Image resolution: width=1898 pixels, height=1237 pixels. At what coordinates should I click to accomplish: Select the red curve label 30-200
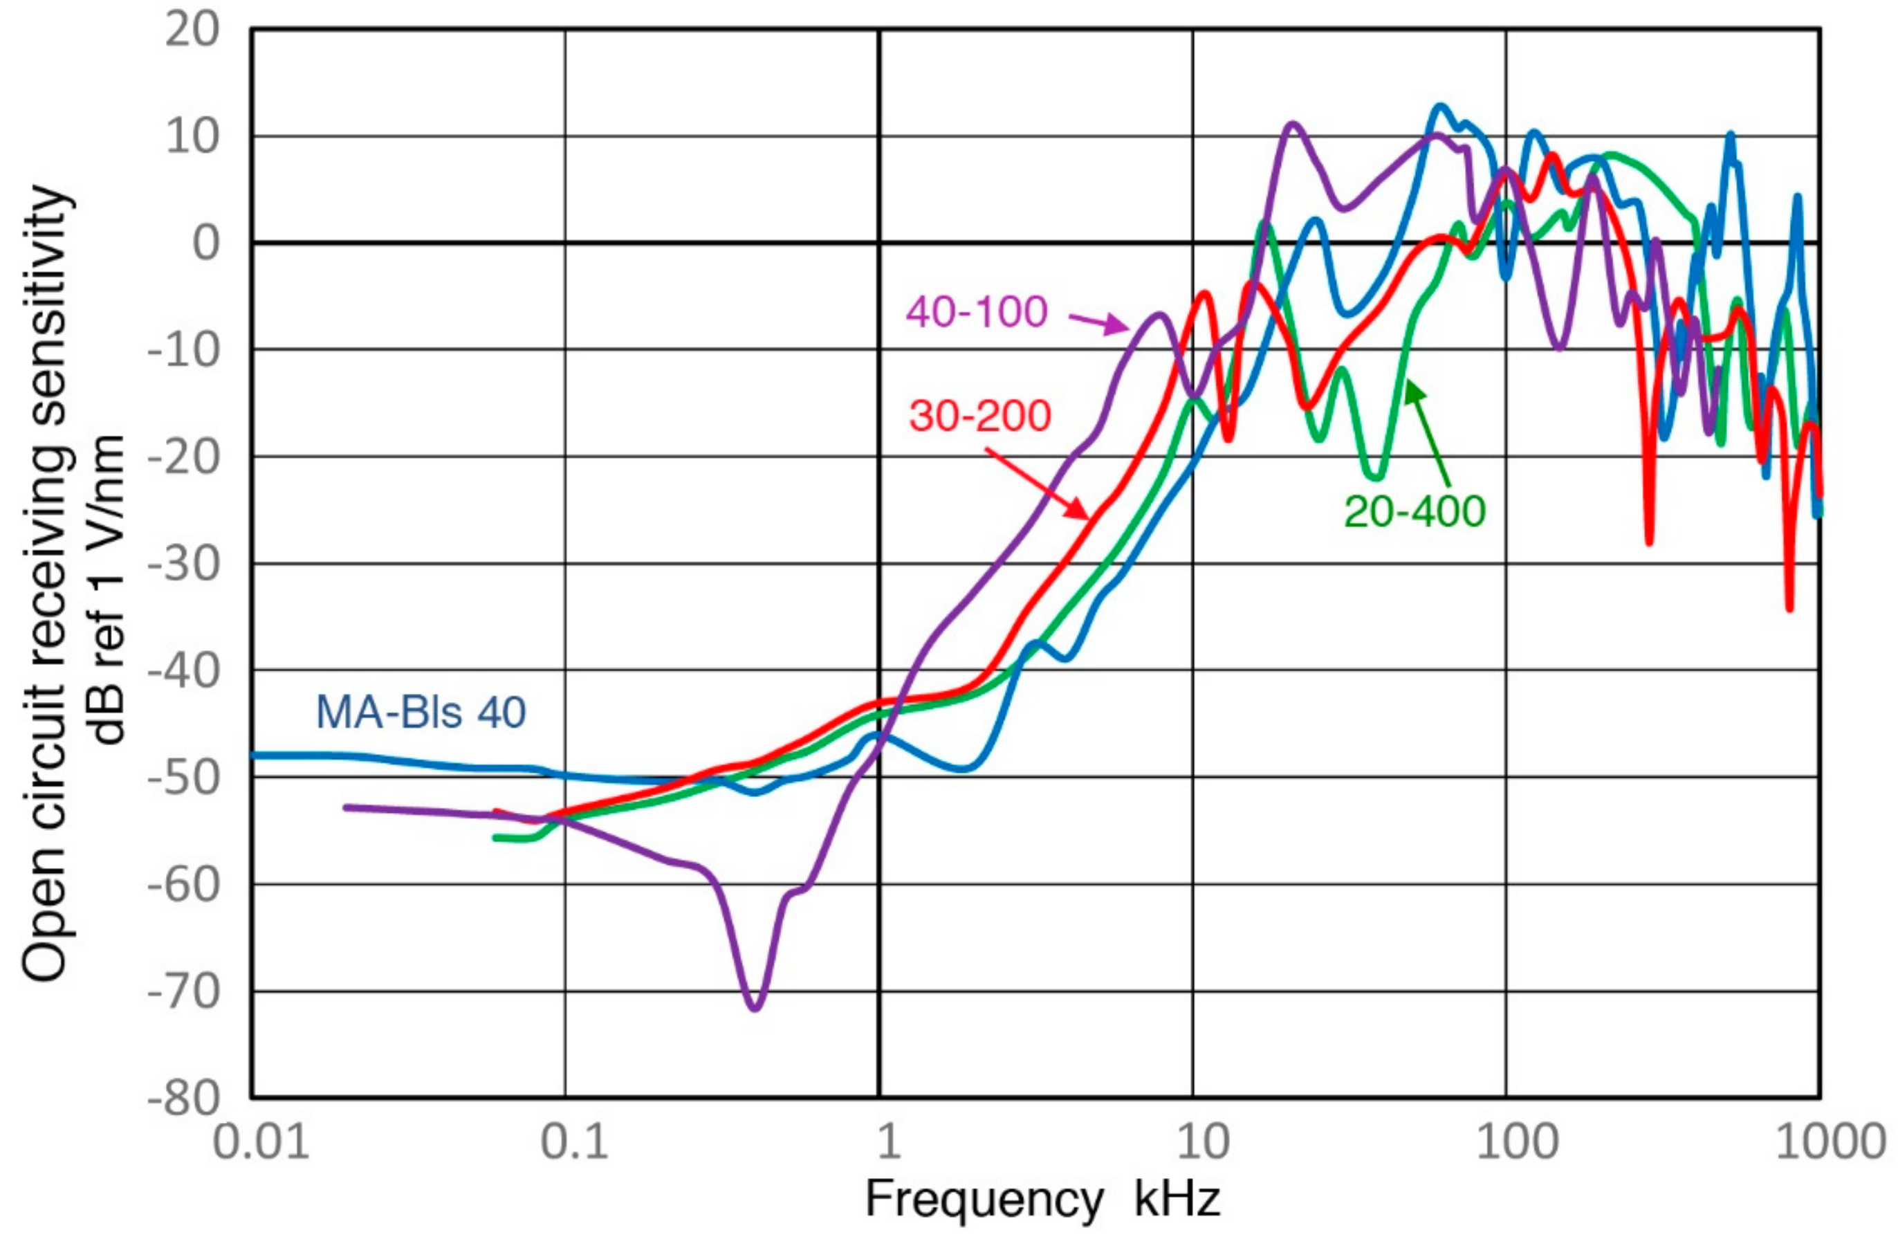point(980,416)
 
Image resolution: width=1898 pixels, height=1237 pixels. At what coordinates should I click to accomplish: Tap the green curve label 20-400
point(1415,511)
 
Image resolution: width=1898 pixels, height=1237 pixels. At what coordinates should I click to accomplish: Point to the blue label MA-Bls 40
point(421,712)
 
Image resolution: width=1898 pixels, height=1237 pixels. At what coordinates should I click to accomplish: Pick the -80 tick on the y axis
point(183,1099)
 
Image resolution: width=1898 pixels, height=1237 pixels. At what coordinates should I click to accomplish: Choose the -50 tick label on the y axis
point(183,777)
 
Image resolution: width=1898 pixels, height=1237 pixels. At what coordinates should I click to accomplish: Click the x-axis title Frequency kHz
point(1042,1198)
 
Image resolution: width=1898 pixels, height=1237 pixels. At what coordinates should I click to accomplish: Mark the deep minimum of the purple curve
point(755,1008)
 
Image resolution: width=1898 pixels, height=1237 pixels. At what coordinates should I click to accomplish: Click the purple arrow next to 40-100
point(1099,323)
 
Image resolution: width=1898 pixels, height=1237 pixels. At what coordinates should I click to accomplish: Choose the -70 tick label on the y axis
point(183,992)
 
